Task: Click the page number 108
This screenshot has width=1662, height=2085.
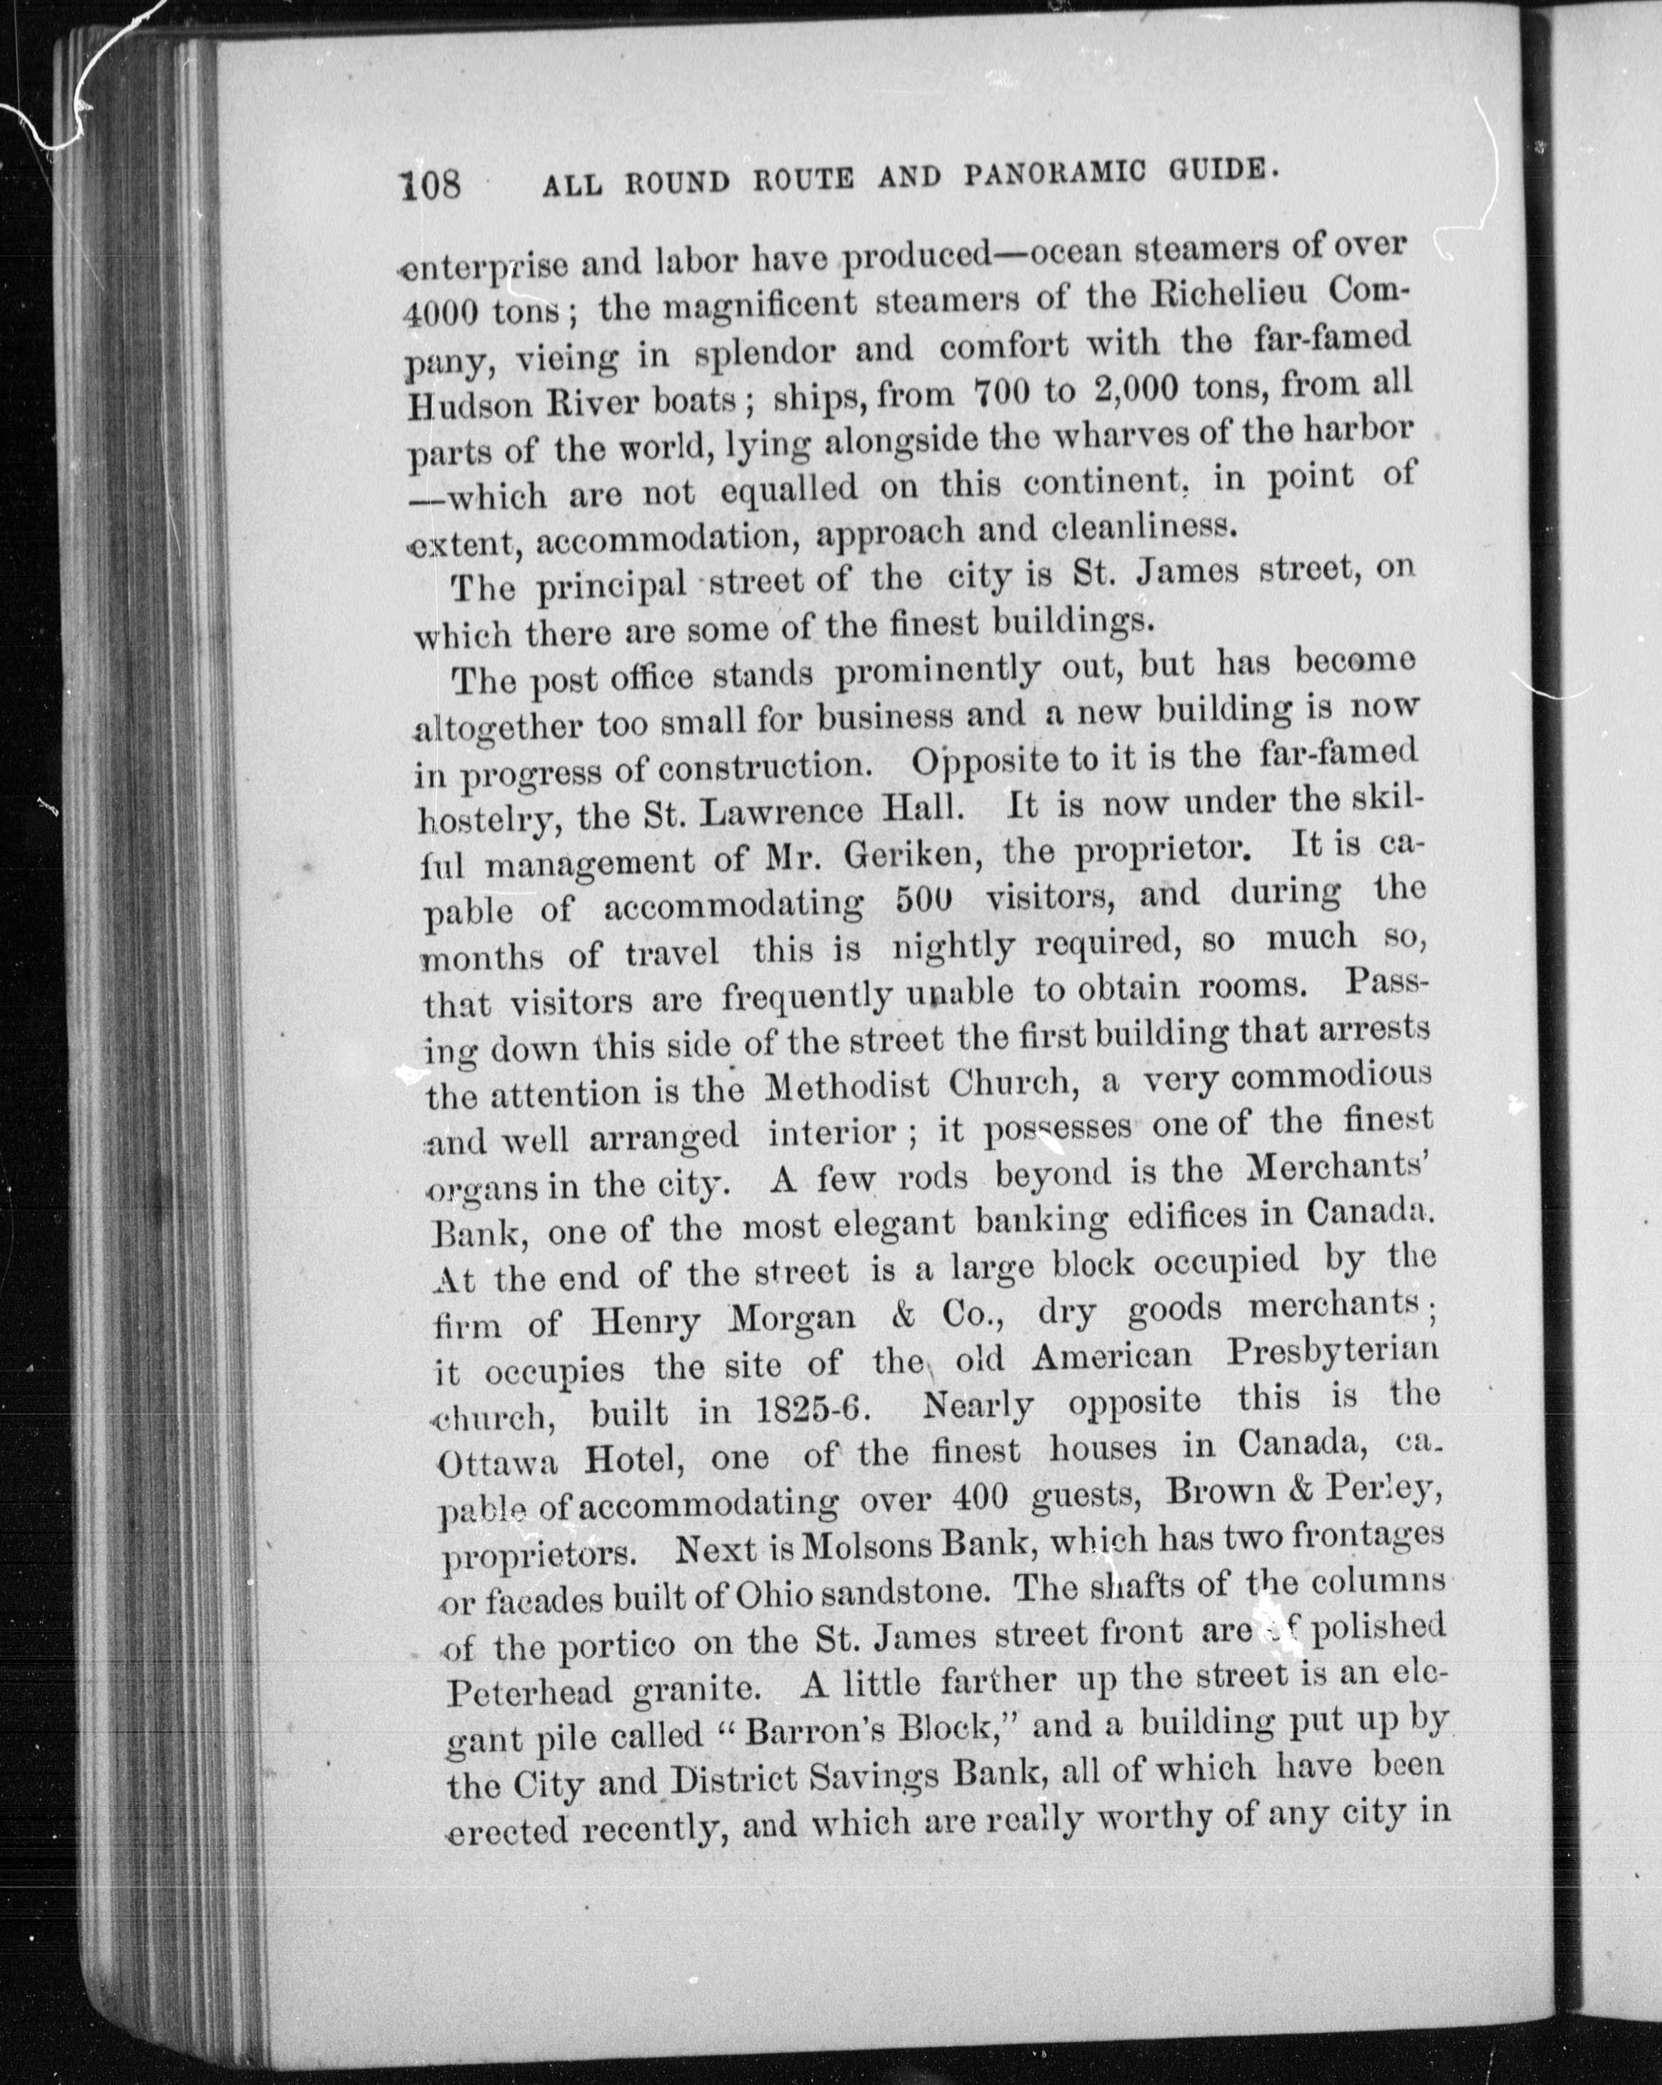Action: pos(432,182)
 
